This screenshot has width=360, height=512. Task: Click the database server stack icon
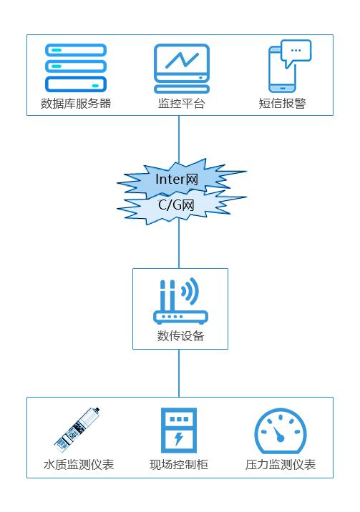coord(75,68)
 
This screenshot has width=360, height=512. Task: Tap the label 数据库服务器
coord(76,104)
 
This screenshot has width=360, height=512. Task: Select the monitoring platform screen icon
coord(182,69)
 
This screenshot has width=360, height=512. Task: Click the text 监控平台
coord(181,104)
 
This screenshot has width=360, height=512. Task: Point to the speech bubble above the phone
coord(296,52)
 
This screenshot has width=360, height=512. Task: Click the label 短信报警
coord(282,104)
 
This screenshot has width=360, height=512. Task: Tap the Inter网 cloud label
coord(177,179)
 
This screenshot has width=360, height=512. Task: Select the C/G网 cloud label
coord(176,205)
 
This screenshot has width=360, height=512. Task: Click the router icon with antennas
coord(180,301)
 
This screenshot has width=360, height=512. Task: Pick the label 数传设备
coord(180,335)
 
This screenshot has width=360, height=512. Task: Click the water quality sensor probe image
coord(77,430)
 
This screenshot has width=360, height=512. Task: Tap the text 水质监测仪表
coord(79,464)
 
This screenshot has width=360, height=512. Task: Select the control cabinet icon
coord(179,430)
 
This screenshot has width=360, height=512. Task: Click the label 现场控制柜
coord(179,464)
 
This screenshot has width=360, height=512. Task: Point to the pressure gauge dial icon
coord(281,430)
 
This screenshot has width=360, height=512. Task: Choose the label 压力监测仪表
coord(281,464)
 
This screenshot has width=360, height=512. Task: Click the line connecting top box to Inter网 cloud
coord(179,139)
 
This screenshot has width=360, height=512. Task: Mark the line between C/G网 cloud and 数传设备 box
coord(179,243)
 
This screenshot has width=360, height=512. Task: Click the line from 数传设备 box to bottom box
coord(179,373)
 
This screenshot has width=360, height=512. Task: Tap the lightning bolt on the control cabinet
coord(178,438)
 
